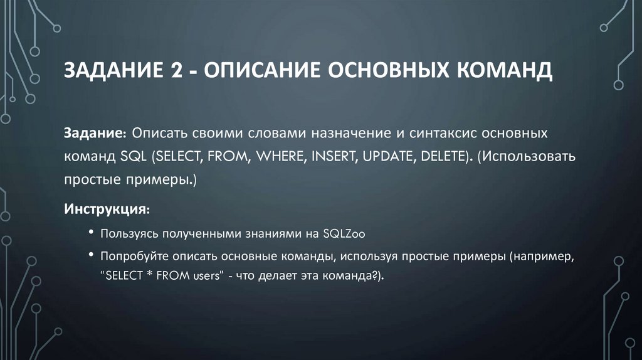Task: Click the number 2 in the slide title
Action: (171, 70)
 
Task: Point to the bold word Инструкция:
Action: (106, 207)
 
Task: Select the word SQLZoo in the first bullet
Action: (344, 234)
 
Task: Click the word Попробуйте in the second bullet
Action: (130, 257)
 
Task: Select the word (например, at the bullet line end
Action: (543, 257)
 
